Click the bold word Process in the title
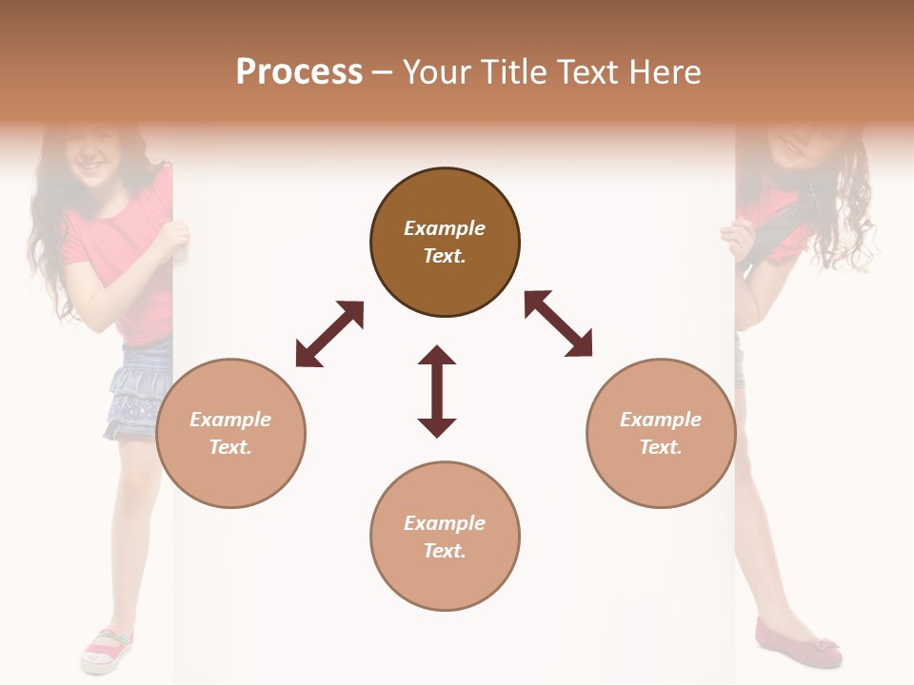[299, 72]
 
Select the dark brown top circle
[445, 242]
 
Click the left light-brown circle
[230, 433]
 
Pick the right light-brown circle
[661, 433]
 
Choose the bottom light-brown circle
[445, 537]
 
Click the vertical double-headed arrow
[437, 391]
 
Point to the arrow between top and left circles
[329, 334]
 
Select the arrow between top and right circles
[558, 323]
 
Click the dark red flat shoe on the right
[798, 643]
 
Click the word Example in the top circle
[445, 228]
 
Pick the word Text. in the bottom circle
[445, 551]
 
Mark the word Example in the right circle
[661, 420]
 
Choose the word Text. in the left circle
[230, 447]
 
